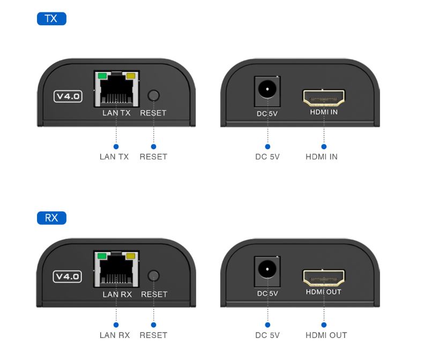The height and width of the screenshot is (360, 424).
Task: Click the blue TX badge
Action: click(51, 19)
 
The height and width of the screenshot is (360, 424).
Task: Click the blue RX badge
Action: click(51, 218)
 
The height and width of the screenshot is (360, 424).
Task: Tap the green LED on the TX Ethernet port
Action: click(102, 76)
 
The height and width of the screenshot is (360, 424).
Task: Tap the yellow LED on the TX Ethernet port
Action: click(131, 76)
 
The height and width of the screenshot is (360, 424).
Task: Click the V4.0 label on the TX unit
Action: click(68, 97)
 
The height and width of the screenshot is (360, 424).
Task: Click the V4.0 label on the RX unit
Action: click(68, 276)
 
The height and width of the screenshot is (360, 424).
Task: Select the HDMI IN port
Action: click(324, 98)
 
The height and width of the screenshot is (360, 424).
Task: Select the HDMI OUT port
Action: click(324, 278)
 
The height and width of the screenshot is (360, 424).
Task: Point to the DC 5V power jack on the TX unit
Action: click(267, 91)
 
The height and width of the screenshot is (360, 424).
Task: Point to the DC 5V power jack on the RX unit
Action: click(267, 271)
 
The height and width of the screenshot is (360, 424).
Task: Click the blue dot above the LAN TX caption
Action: click(116, 146)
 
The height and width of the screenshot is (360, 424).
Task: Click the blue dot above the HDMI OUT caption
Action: click(324, 325)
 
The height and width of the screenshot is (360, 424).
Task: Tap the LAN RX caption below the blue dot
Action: click(115, 335)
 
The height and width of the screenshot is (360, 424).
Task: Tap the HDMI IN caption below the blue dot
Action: click(322, 157)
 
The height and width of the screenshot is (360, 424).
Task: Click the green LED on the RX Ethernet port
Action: click(102, 256)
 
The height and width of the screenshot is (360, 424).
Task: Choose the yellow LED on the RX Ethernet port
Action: click(131, 256)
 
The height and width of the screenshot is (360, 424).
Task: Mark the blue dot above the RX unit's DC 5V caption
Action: click(267, 325)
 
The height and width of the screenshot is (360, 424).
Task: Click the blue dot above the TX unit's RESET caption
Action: click(154, 146)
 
